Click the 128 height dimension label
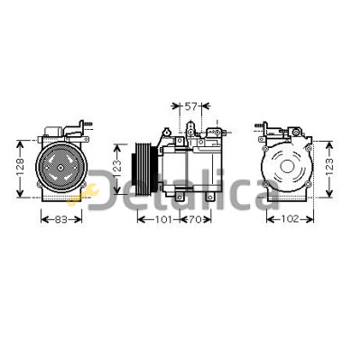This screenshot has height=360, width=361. pos(20,167)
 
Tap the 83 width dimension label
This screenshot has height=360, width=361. pos(61,219)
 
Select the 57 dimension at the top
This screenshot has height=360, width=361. pos(190,106)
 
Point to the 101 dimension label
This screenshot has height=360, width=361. pos(163,219)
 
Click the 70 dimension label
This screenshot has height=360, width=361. pos(195,219)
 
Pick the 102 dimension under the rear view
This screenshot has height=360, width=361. pos(291,219)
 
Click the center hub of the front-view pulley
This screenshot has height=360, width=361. pos(60,168)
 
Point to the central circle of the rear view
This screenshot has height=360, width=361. pos(287,166)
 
